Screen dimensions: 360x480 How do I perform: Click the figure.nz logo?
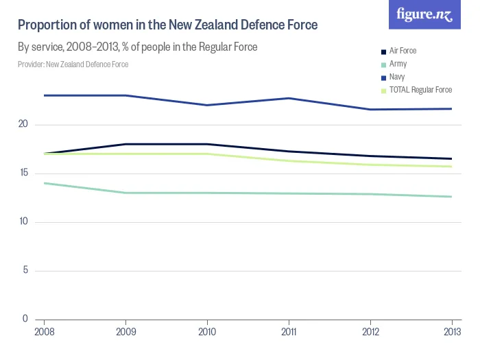[x=424, y=15]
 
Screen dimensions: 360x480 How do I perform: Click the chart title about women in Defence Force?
[x=167, y=26]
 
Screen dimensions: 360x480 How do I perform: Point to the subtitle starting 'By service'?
[x=137, y=48]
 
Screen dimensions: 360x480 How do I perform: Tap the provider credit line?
[x=73, y=64]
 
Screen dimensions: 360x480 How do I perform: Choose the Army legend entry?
[x=398, y=64]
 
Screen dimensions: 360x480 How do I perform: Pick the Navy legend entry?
[x=397, y=77]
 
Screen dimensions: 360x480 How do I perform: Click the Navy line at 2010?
[x=208, y=105]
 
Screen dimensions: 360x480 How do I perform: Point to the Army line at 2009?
[x=126, y=193]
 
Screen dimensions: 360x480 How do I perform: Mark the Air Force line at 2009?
[x=126, y=144]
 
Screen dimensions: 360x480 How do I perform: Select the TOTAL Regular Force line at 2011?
[x=289, y=160]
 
